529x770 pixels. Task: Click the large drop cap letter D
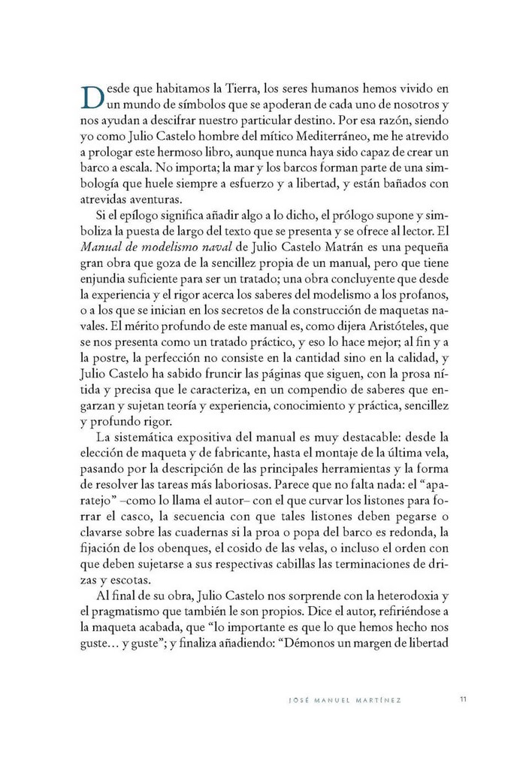click(x=89, y=96)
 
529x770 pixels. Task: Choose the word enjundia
click(x=103, y=278)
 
